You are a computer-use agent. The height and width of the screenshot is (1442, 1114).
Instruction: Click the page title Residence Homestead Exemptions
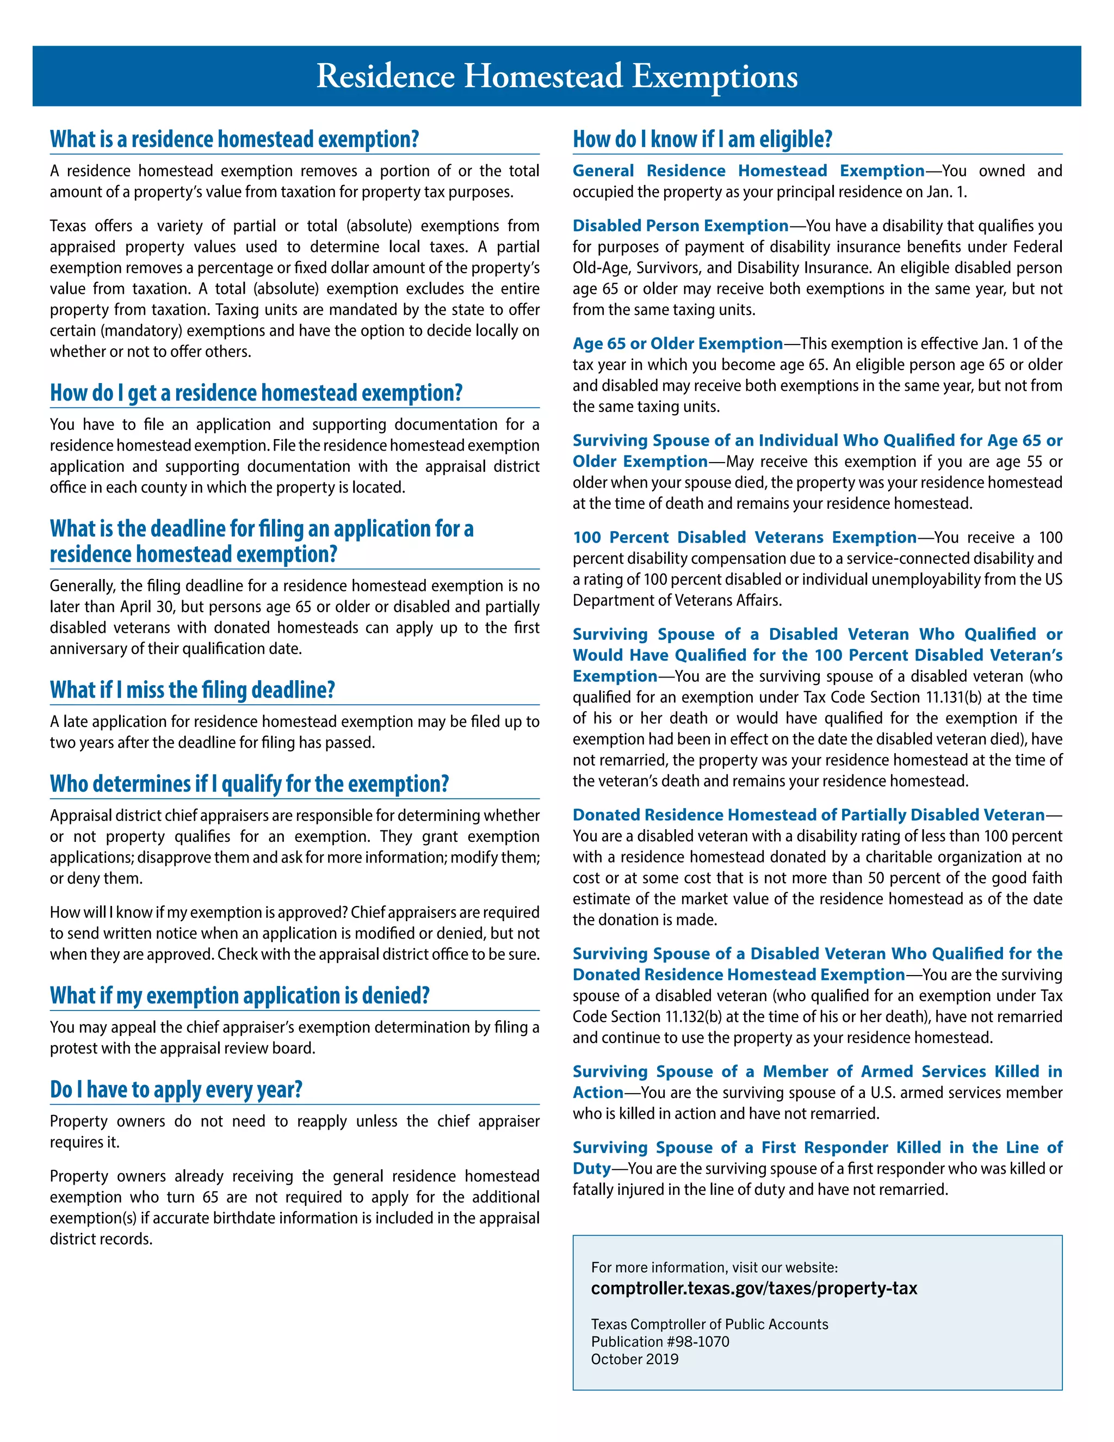[x=556, y=76]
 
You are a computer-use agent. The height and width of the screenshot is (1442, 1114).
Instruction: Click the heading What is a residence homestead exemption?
[x=234, y=139]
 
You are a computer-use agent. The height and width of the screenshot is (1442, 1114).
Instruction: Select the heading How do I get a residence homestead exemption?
[x=256, y=393]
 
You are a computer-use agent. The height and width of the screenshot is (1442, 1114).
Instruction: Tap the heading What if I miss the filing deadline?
[x=192, y=690]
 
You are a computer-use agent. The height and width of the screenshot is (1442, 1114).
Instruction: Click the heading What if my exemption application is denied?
[x=239, y=995]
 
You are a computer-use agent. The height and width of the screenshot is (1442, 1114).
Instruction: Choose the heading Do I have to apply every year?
[x=176, y=1089]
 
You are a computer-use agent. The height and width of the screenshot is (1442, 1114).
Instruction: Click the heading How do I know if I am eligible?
[x=702, y=139]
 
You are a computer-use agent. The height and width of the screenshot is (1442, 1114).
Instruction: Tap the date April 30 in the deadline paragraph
[x=146, y=607]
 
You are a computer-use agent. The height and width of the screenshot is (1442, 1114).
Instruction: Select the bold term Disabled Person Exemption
[x=680, y=226]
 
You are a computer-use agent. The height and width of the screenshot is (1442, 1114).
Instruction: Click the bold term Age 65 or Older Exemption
[x=677, y=343]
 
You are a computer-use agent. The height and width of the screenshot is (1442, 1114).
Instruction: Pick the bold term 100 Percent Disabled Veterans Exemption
[x=744, y=538]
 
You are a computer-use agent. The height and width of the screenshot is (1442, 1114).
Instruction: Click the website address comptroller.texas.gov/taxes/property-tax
[x=754, y=1288]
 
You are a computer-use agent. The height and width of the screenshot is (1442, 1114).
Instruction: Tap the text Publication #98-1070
[x=660, y=1342]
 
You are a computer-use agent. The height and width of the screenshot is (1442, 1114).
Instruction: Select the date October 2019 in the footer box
[x=634, y=1359]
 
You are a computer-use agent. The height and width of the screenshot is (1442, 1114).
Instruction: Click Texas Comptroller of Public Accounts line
[x=709, y=1324]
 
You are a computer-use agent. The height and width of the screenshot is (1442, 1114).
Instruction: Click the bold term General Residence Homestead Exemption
[x=748, y=171]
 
